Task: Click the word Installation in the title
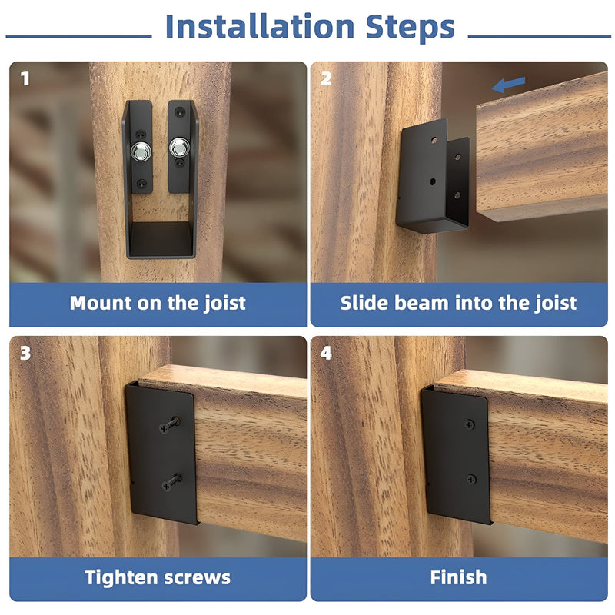260,27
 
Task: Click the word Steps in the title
411,28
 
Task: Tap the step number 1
25,79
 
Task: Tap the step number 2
326,78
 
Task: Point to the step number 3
25,353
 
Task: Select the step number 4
326,353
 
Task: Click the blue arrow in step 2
509,85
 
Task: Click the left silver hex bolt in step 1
141,151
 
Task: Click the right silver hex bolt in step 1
179,147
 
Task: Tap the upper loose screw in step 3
170,425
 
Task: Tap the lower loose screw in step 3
171,482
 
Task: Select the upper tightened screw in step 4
470,424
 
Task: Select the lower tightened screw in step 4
471,479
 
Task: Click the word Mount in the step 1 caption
101,303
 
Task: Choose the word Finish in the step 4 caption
458,577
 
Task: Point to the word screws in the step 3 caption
198,579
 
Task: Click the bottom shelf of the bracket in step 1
161,239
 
